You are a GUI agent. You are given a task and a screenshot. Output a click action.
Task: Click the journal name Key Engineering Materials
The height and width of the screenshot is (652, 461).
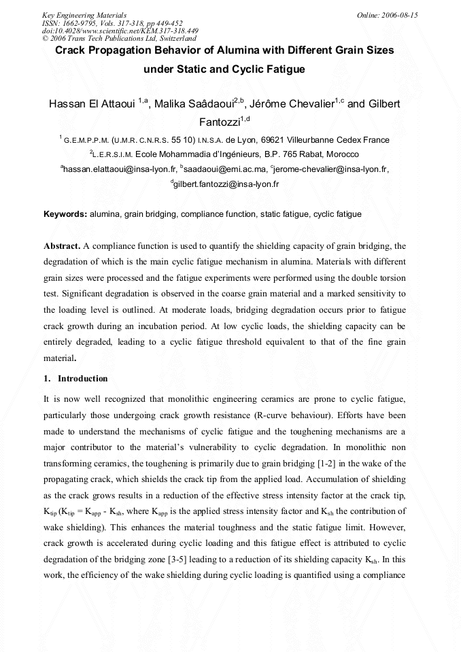[84, 14]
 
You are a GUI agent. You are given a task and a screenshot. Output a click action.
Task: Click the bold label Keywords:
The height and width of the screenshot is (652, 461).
[65, 214]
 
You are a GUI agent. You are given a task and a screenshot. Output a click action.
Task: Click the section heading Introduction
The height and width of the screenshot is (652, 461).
[82, 378]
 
